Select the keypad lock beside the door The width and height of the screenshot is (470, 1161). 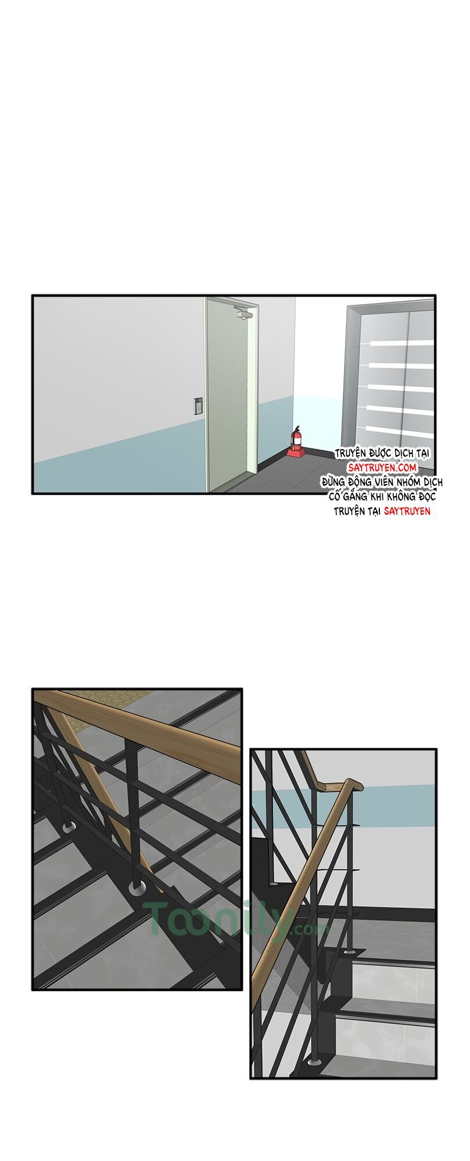click(198, 405)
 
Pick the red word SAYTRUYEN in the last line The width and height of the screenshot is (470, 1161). click(407, 511)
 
